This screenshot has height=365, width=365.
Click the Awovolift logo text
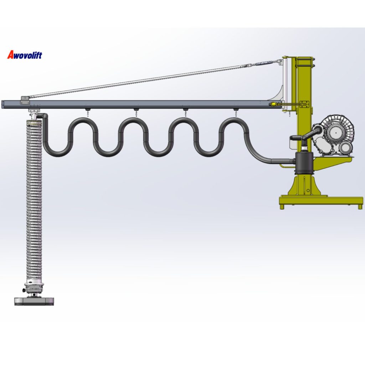tap(25, 55)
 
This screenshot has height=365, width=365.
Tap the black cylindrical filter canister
tap(303, 163)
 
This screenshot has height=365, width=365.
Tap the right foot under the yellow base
tap(360, 206)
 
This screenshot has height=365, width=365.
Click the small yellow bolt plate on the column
tap(304, 104)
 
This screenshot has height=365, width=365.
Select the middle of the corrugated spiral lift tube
tap(34, 200)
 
